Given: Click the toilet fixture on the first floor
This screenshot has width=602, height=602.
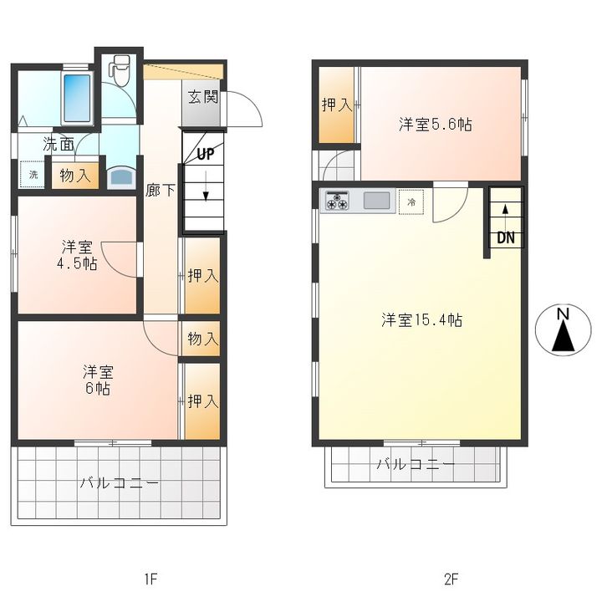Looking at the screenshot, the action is tap(120, 71).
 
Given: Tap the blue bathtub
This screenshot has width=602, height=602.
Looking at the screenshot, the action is tap(77, 98).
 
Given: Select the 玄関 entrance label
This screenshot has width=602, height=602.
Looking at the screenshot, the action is tap(202, 97).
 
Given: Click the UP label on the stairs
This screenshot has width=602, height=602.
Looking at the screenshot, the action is tap(205, 154).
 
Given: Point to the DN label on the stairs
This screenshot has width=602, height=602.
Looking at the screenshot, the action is tap(505, 238).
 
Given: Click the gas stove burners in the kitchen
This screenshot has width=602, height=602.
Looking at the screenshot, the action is tap(337, 201).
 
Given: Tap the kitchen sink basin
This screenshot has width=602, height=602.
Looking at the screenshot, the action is tap(376, 201).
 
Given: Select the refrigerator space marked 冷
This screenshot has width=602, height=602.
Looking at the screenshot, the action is tap(411, 202).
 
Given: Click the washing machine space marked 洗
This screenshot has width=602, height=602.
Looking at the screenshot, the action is tap(33, 174).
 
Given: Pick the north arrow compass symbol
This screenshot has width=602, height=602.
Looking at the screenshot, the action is tap(564, 330).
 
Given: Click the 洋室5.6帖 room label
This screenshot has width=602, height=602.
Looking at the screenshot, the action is tap(435, 125).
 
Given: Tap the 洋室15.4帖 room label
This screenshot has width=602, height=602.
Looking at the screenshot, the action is tap(422, 319).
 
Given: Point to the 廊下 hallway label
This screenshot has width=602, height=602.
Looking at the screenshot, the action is tap(161, 190).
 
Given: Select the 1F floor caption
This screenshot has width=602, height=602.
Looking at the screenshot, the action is tap(150, 579).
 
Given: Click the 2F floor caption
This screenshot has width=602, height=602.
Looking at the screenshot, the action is tap(451, 579).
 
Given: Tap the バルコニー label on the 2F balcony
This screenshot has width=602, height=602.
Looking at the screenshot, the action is tap(416, 465).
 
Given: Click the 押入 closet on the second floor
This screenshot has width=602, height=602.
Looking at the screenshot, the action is tap(337, 105).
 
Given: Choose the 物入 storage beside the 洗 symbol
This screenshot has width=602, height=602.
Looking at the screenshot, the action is tap(75, 176).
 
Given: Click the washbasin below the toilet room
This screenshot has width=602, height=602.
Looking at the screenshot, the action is tap(121, 177).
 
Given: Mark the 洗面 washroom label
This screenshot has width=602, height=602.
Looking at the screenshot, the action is tap(59, 144).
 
